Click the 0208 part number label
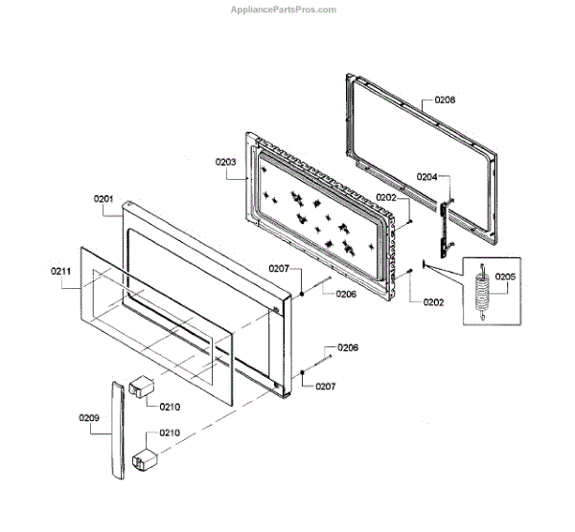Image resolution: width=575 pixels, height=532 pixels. coord(445,100)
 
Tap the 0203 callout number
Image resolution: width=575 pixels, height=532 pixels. coord(226,163)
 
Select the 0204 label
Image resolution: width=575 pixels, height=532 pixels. coord(426,177)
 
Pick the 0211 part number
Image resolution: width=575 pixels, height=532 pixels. coord(61,273)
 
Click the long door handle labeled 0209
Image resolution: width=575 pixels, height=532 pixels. coord(116,431)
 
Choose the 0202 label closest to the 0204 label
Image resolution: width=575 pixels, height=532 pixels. coord(386,197)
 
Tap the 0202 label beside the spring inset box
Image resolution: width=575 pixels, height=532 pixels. coord(434,302)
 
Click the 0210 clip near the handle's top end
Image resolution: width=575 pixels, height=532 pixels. coord(143,388)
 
